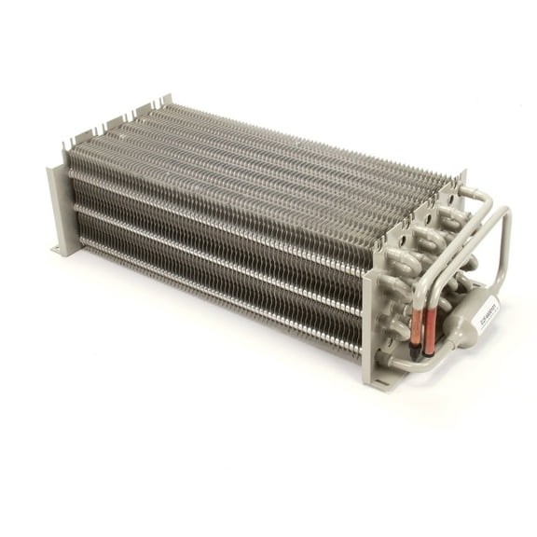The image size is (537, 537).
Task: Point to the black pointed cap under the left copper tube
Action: (415, 351)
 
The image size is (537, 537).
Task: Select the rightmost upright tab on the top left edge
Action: (167, 100)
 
